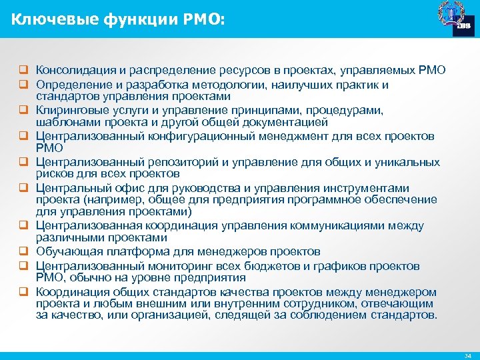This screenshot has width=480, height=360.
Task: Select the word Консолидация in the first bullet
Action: [75, 70]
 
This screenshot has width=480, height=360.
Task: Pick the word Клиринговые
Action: [69, 109]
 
